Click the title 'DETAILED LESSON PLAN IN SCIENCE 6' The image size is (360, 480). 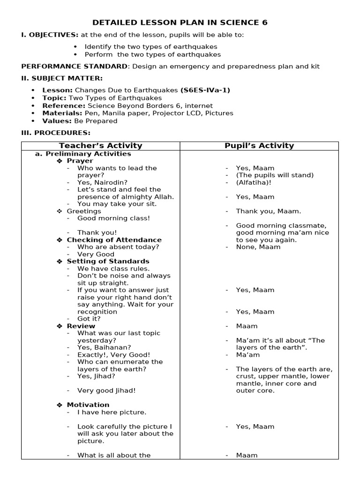pos(180,22)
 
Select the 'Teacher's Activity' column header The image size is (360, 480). pos(100,146)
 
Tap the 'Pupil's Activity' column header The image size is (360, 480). pos(259,146)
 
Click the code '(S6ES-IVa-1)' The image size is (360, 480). pos(205,90)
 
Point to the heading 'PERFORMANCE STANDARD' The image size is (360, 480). pos(74,67)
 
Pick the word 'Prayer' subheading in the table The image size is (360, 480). pos(80,161)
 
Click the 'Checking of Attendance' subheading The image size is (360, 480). pos(114,240)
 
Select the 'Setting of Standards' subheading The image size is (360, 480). pos(108,261)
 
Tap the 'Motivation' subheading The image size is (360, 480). pos(88,405)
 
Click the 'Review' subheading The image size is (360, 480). pos(81,326)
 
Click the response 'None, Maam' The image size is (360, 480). pos(258,247)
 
